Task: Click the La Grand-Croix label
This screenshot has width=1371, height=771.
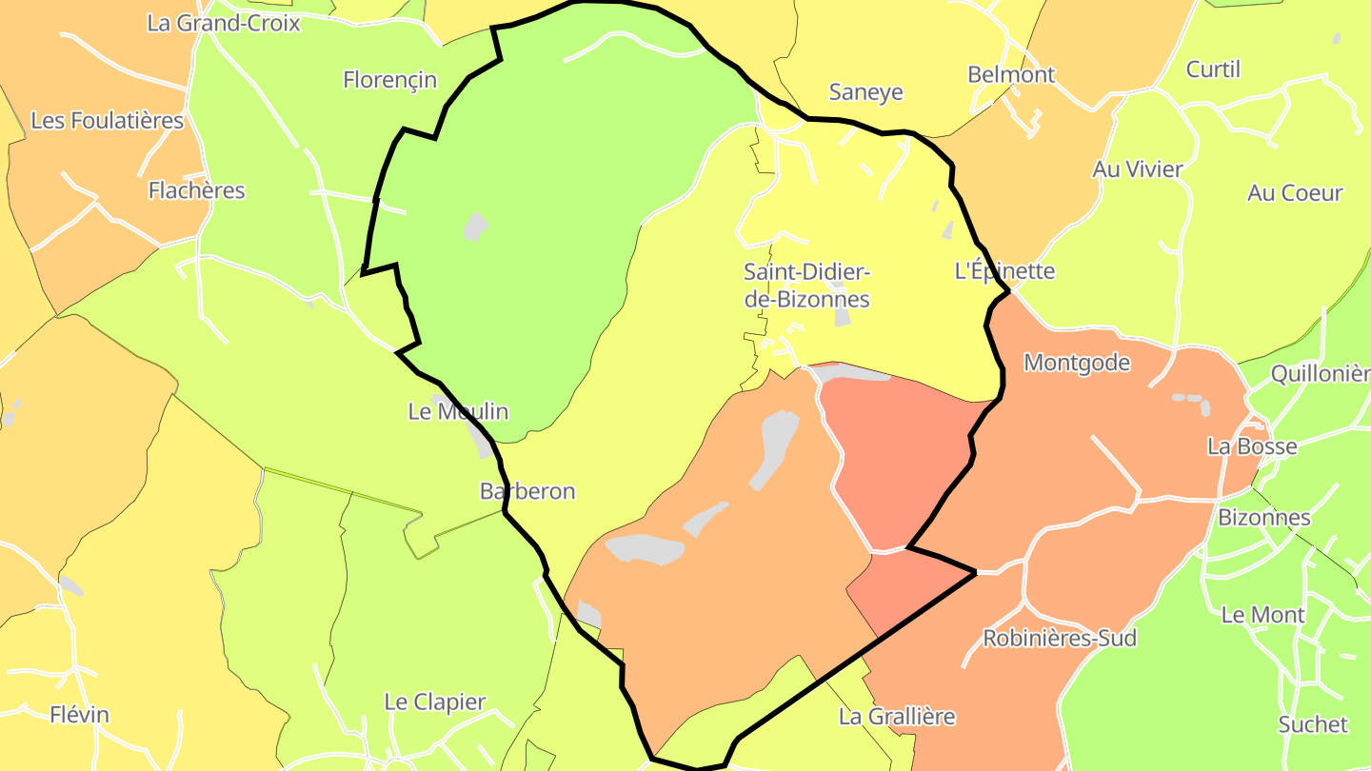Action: click(223, 23)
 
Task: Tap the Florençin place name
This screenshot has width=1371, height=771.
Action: click(389, 80)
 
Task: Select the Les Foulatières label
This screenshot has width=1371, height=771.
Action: click(107, 121)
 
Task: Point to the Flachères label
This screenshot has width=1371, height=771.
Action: click(196, 190)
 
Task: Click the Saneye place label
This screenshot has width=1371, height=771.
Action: click(865, 92)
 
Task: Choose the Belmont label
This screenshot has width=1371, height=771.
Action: click(1011, 74)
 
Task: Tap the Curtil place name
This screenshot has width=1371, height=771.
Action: click(1213, 69)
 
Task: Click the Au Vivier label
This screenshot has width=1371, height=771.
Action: click(1137, 169)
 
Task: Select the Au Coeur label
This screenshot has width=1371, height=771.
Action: click(1295, 192)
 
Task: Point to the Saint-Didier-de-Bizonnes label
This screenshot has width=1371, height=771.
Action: click(806, 285)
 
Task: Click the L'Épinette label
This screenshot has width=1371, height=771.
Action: click(1004, 270)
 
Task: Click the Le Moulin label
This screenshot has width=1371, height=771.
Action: click(458, 411)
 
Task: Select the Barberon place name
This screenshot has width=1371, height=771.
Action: click(527, 491)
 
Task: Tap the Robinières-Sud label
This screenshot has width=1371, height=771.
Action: click(1059, 638)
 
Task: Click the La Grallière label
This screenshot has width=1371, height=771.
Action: click(897, 716)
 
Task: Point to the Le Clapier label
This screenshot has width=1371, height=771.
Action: click(434, 702)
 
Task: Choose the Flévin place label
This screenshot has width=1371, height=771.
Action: click(79, 715)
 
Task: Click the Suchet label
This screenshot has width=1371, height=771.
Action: click(1313, 724)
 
